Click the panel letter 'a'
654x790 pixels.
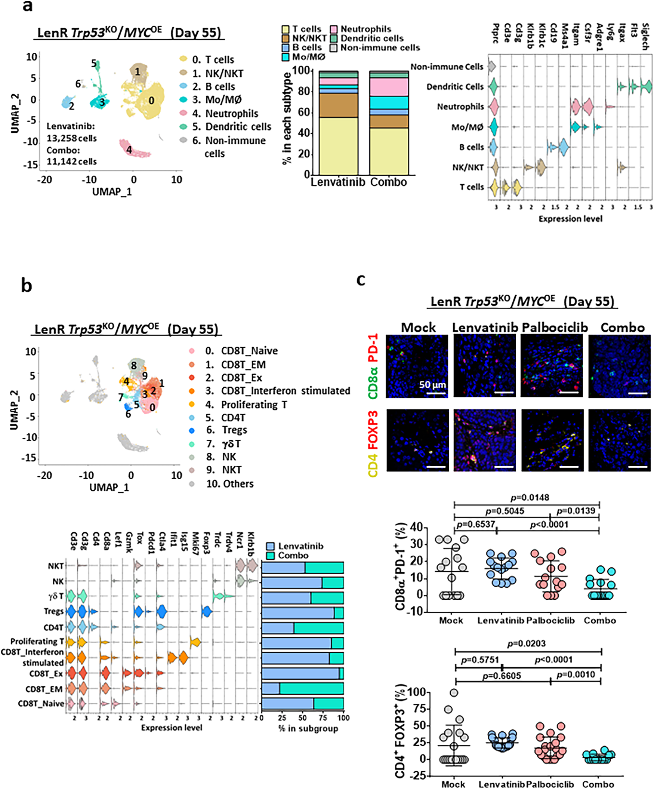coord(27,6)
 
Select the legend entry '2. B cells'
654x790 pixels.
coord(213,86)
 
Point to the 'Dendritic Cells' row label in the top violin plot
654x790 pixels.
coord(455,87)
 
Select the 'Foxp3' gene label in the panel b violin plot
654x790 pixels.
coord(206,542)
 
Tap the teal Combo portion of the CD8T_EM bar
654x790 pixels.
coord(311,688)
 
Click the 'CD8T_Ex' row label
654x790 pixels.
coord(46,673)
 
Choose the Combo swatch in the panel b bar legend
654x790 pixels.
coord(271,556)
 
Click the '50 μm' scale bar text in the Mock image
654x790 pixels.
coord(432,384)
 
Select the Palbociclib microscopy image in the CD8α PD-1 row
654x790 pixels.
coord(552,366)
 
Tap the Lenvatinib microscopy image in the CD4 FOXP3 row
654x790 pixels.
coord(484,440)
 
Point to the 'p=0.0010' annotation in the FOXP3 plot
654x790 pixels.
coord(576,674)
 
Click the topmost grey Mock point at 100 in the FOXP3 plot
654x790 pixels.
coord(454,692)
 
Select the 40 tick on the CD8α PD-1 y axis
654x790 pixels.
coord(417,527)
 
